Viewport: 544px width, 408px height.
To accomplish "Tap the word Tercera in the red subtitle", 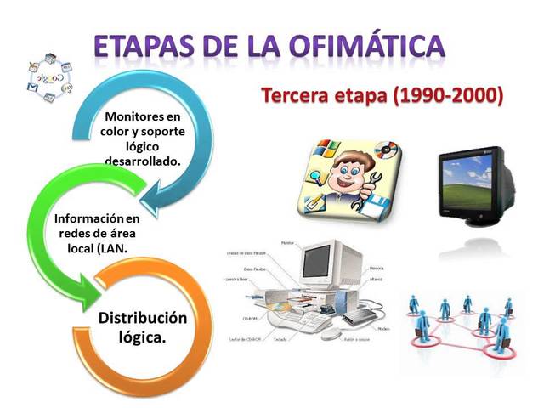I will [297, 96].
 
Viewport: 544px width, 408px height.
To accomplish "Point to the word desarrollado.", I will [142, 159].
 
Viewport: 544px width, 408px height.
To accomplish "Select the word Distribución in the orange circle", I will [142, 318].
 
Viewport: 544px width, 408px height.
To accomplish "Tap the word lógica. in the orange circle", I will [142, 337].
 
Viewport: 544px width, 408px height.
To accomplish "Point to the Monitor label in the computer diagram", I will [286, 243].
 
